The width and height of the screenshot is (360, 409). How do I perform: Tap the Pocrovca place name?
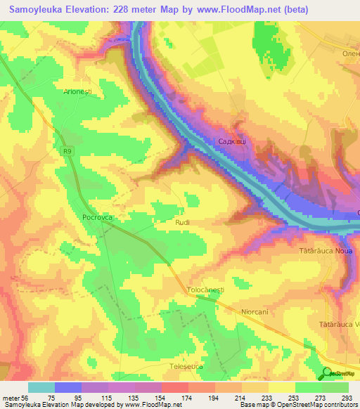97,218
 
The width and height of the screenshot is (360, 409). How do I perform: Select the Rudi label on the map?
182,222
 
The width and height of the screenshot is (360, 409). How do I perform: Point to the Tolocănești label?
205,290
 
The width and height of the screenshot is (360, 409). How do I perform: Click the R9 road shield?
66,150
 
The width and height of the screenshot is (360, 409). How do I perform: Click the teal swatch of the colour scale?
41,387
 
